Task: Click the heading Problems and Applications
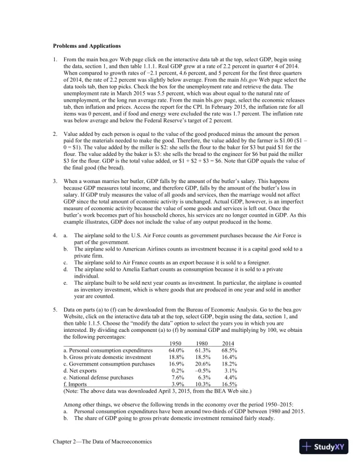pos(88,45)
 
